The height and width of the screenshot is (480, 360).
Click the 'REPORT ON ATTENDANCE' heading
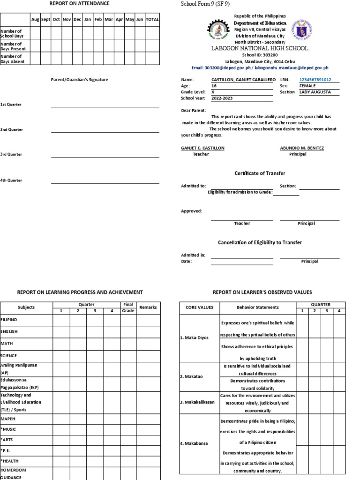(x=79, y=4)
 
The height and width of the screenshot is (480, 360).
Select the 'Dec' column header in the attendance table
(x=77, y=20)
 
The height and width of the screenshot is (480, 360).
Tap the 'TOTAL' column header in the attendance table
(x=152, y=20)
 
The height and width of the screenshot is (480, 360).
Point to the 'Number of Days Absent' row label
(x=13, y=59)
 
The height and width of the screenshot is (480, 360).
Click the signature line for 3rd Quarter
(x=105, y=157)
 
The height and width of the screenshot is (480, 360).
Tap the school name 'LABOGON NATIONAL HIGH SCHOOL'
(x=260, y=48)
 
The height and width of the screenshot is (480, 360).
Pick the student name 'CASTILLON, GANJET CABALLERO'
(x=243, y=80)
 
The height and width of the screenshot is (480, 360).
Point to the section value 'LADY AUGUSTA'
(x=315, y=92)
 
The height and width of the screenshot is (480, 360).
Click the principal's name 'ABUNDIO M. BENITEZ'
(x=302, y=148)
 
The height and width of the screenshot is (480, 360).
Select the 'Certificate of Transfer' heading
(x=260, y=173)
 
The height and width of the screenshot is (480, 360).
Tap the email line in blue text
(x=260, y=68)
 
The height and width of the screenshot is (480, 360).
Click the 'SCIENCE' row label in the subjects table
(x=9, y=356)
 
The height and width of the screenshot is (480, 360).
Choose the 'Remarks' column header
(x=148, y=307)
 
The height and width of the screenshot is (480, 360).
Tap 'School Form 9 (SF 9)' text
(x=205, y=4)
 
